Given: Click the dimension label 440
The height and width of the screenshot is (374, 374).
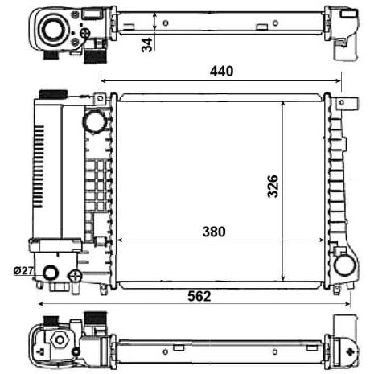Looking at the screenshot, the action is click(x=221, y=72).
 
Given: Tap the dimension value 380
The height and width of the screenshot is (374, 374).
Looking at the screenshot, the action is click(x=214, y=232).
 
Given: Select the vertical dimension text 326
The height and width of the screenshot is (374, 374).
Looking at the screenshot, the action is click(x=273, y=187).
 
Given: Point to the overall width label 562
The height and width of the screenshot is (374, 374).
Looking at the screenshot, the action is click(x=199, y=296).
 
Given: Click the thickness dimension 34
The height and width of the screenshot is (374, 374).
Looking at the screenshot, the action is click(x=147, y=45).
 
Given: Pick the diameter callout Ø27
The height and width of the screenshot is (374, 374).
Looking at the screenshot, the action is click(x=23, y=271).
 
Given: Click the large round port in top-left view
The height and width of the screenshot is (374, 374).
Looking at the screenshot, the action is click(x=53, y=30).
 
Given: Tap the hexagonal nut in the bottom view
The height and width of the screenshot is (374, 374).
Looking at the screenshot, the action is click(x=60, y=340).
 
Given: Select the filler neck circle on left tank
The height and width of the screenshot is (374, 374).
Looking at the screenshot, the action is click(x=94, y=121).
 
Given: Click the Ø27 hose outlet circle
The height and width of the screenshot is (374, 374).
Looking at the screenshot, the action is click(x=51, y=273).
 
